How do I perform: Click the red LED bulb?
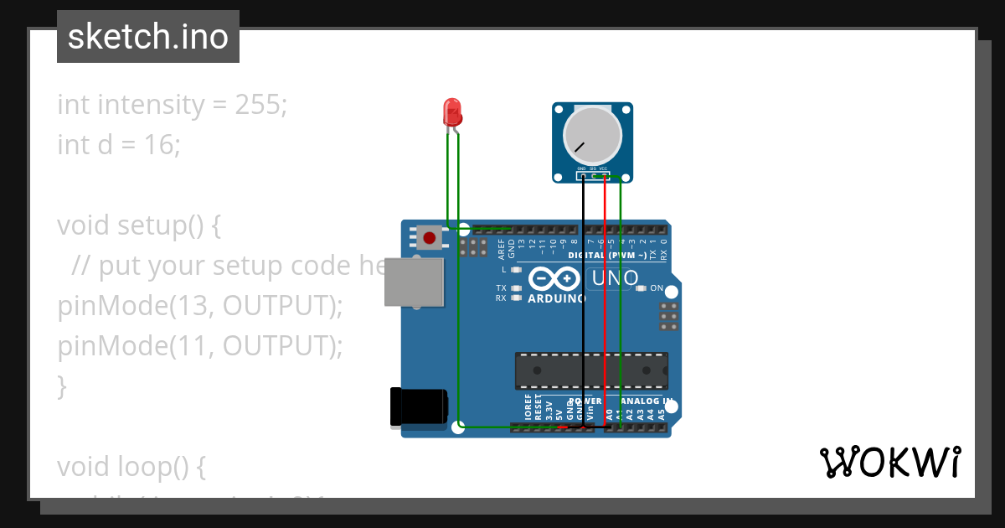[452, 112]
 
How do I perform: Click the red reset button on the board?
[430, 238]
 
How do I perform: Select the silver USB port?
[414, 282]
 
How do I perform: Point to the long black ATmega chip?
[590, 370]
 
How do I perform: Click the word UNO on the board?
[616, 278]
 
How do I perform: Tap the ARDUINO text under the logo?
[557, 298]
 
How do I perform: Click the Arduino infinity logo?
[554, 278]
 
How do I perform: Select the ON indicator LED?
[642, 288]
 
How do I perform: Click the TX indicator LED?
[517, 288]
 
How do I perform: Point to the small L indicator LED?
[517, 270]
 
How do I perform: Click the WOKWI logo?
[889, 463]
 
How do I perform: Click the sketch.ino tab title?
[148, 37]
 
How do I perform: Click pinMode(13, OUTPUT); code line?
[200, 306]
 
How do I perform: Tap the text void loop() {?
[131, 467]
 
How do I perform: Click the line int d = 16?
[119, 145]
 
